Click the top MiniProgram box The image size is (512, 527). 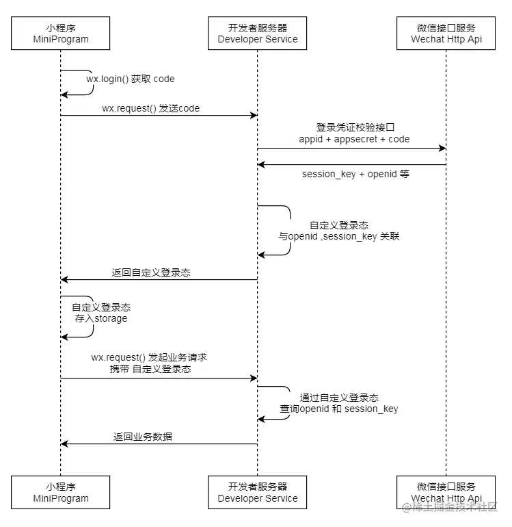(61, 34)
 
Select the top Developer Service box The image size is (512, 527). (258, 34)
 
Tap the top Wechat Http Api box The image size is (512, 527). (446, 34)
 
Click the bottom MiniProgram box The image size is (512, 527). (61, 492)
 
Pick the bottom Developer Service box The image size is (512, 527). (258, 492)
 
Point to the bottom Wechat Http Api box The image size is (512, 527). (446, 492)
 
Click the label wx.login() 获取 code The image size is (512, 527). (130, 79)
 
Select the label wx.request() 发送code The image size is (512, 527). (150, 108)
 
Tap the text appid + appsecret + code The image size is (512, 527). (354, 139)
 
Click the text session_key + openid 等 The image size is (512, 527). (355, 174)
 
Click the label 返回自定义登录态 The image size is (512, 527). (151, 272)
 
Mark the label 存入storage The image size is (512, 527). (100, 318)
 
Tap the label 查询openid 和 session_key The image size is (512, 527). (339, 409)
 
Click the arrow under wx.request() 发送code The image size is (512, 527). (159, 116)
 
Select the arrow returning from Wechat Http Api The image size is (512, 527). (351, 164)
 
